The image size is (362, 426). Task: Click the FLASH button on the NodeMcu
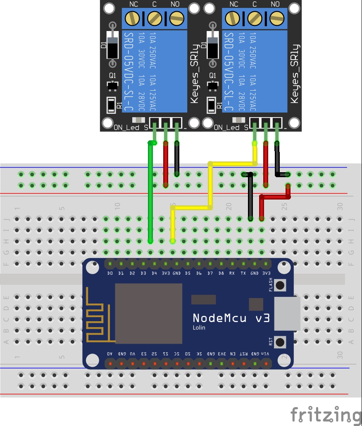pos(281,285)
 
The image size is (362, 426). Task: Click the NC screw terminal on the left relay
pos(133,18)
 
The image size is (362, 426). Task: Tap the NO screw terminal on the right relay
pos(275,18)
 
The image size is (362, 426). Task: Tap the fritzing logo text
pos(325,414)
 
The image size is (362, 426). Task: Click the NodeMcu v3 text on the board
pos(231,318)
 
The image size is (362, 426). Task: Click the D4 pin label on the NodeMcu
pos(154,273)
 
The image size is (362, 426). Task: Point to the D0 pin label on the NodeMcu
pos(110,273)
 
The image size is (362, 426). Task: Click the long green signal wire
pos(150,195)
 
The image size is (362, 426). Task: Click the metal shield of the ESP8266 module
pos(148,313)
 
